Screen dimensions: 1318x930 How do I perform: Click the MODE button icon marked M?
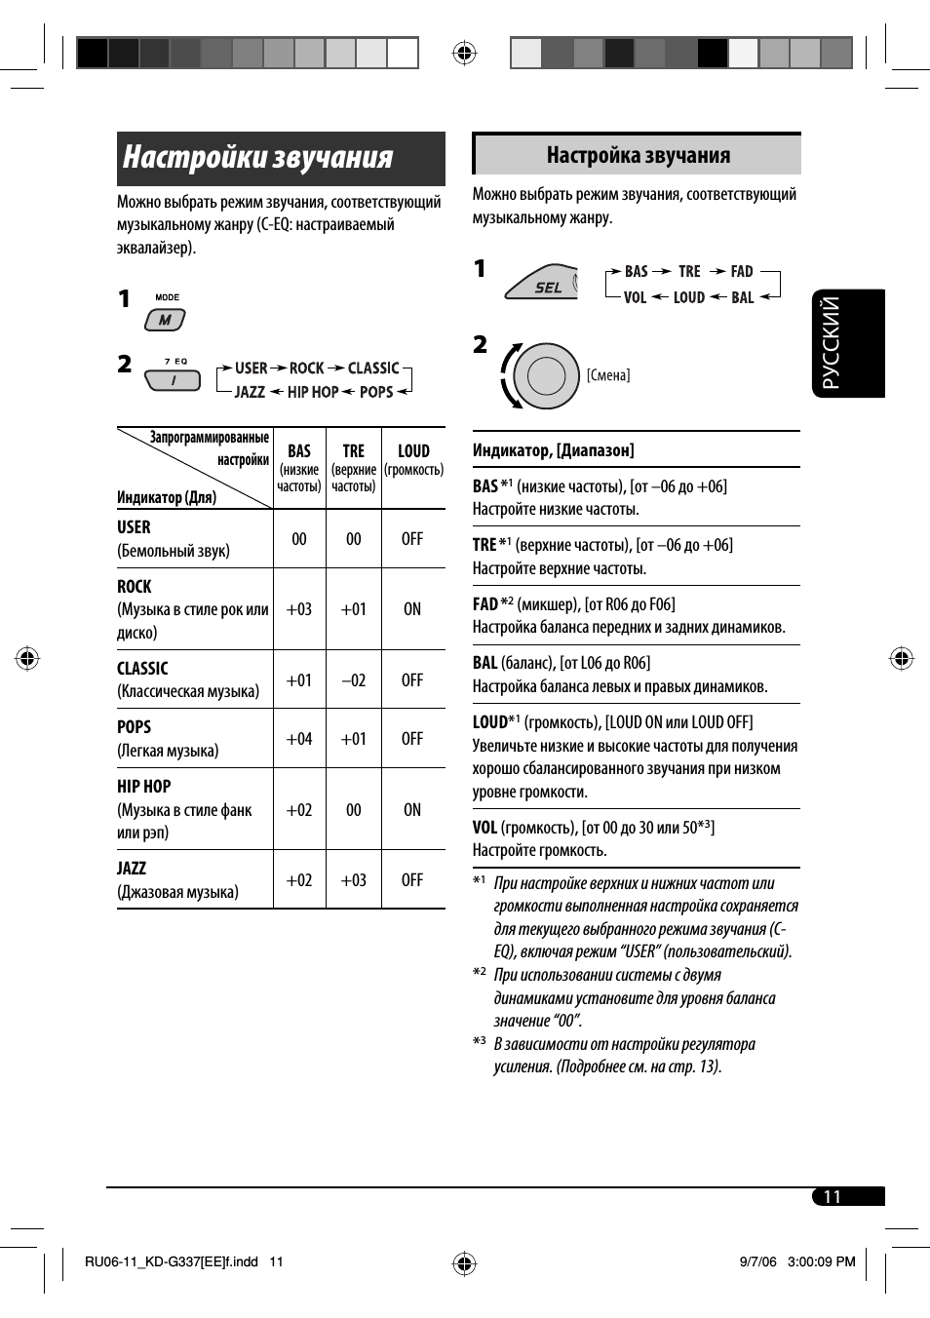pos(165,319)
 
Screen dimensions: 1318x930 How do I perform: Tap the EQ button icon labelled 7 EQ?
pos(174,379)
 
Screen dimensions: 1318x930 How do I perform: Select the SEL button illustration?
pos(544,283)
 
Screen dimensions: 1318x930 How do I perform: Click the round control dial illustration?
pos(546,375)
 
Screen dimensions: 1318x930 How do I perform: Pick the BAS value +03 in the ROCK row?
pos(299,609)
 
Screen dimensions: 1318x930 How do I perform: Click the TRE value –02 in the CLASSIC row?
pos(353,680)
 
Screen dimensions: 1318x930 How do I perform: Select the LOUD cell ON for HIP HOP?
pos(412,810)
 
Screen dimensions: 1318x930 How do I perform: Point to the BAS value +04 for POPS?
pos(299,739)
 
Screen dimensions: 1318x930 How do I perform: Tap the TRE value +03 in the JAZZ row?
pos(353,880)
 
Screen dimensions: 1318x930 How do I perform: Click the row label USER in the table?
pos(135,527)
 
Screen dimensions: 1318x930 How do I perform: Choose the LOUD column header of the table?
pos(413,451)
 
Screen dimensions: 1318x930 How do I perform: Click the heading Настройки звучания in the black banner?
pos(258,158)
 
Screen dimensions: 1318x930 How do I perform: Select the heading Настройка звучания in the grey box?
pos(638,155)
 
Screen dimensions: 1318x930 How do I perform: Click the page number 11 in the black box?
pos(832,1197)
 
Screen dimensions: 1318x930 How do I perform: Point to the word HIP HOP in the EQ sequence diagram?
pos(312,392)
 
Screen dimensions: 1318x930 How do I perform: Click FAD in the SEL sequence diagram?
pos(742,272)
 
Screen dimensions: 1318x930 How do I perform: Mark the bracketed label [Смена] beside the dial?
pos(608,375)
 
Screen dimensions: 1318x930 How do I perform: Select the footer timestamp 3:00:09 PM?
pos(821,1261)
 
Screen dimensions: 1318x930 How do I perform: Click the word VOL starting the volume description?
pos(484,828)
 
